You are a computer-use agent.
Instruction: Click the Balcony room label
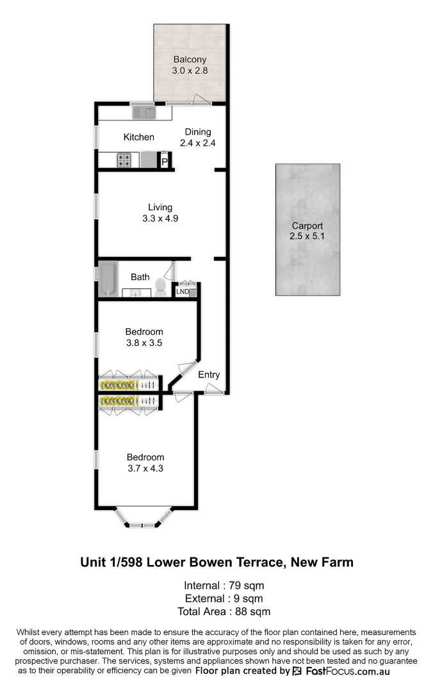pos(190,60)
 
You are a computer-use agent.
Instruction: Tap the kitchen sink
pos(143,113)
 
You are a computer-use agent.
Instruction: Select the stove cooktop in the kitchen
pos(124,160)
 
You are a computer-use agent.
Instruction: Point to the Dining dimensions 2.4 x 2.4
pos(197,144)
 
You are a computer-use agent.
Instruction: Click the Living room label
pos(160,207)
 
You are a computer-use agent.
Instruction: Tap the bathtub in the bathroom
pos(106,279)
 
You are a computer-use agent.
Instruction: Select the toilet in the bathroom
pos(161,288)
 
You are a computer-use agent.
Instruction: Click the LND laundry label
pos(183,292)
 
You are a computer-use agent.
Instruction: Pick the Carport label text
pos(307,226)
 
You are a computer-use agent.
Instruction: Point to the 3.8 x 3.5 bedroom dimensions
pos(144,343)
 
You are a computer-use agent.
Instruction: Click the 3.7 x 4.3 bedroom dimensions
pos(145,468)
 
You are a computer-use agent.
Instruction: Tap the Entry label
pos(209,375)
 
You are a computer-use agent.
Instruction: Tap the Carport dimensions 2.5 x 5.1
pos(307,237)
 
